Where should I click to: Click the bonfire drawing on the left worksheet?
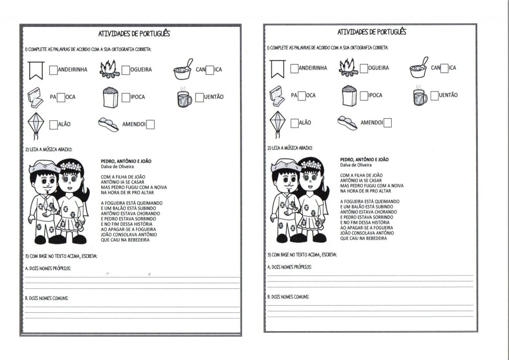tap(110, 70)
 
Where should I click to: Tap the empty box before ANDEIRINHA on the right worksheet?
tap(295, 68)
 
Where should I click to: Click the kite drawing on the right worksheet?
tap(276, 123)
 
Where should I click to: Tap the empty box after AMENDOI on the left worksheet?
tap(150, 124)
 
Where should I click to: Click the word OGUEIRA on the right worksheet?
tap(379, 68)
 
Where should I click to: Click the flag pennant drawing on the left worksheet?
tap(36, 71)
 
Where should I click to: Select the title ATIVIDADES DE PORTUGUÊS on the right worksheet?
tap(372, 32)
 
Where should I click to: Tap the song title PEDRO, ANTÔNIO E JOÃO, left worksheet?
tap(126, 161)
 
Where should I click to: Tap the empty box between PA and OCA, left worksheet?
tap(61, 97)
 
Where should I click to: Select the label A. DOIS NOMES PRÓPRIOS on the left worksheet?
tap(48, 269)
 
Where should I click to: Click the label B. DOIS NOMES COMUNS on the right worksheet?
tap(288, 297)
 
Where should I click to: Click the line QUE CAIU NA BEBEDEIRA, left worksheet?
tap(125, 240)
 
